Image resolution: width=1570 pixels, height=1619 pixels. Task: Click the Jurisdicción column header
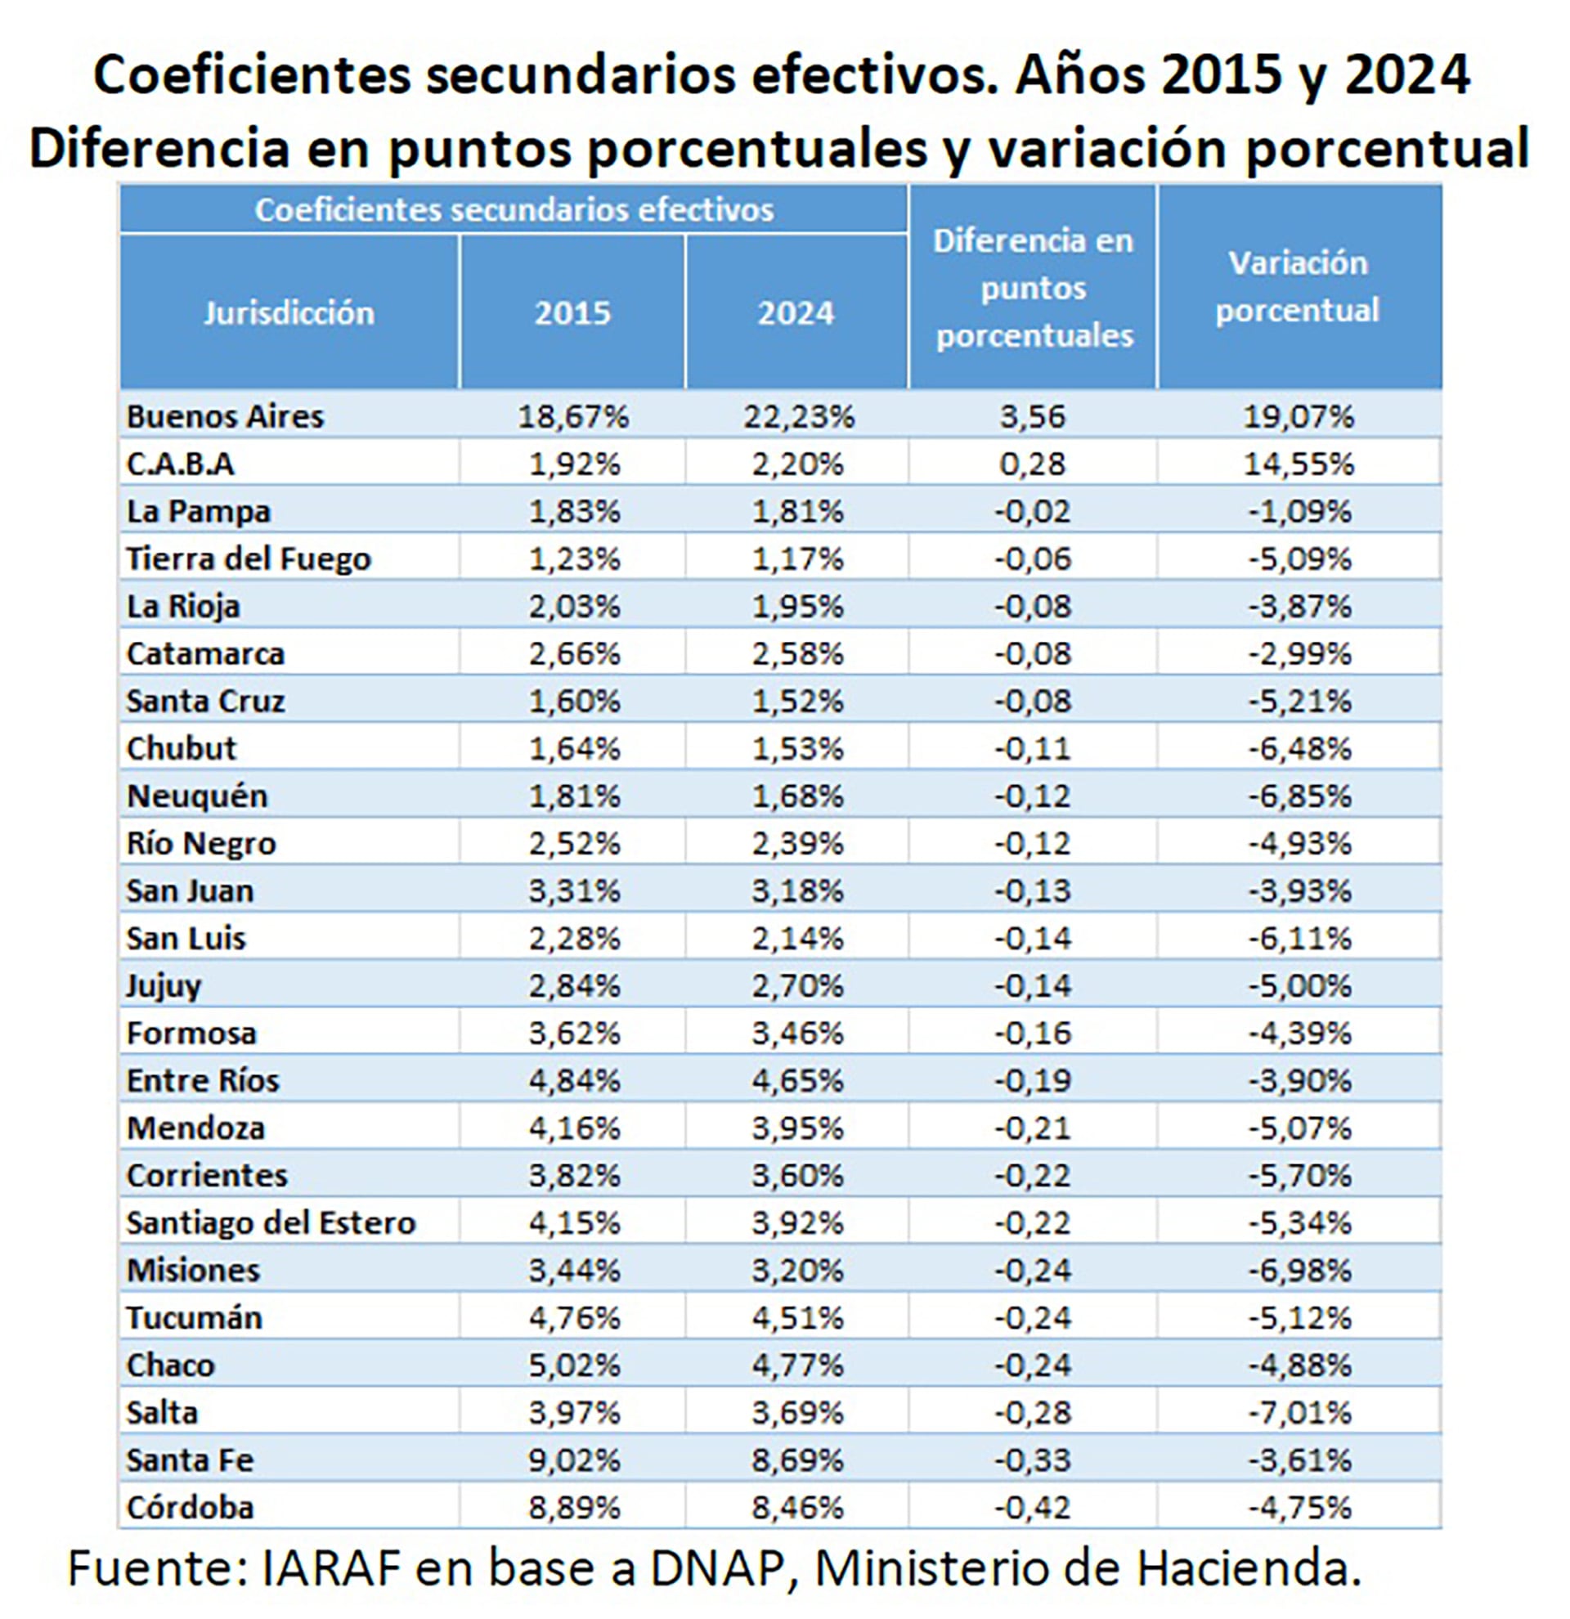pos(289,313)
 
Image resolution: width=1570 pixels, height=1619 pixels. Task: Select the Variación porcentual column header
pos(1298,287)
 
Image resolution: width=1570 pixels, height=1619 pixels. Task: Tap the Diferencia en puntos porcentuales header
pos(1034,289)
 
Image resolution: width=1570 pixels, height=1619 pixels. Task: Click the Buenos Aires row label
pos(225,416)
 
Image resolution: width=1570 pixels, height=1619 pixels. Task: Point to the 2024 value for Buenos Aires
pos(798,416)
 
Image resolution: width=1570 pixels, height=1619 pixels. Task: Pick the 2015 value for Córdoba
pos(574,1508)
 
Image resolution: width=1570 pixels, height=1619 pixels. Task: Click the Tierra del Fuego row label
pos(249,559)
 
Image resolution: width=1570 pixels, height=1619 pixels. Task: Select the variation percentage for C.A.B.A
pos(1299,464)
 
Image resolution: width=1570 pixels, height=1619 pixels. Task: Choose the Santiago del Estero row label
pos(271,1223)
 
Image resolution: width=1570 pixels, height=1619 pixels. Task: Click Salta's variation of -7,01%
pos(1299,1412)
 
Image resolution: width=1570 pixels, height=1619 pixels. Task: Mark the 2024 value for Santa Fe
pos(798,1460)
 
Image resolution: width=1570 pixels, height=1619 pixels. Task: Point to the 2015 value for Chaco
pos(574,1366)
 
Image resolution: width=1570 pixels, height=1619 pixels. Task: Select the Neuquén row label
pos(197,796)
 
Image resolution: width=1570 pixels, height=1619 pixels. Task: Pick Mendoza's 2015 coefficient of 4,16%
pos(574,1128)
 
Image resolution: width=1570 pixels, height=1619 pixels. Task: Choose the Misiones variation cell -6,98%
pos(1299,1271)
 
